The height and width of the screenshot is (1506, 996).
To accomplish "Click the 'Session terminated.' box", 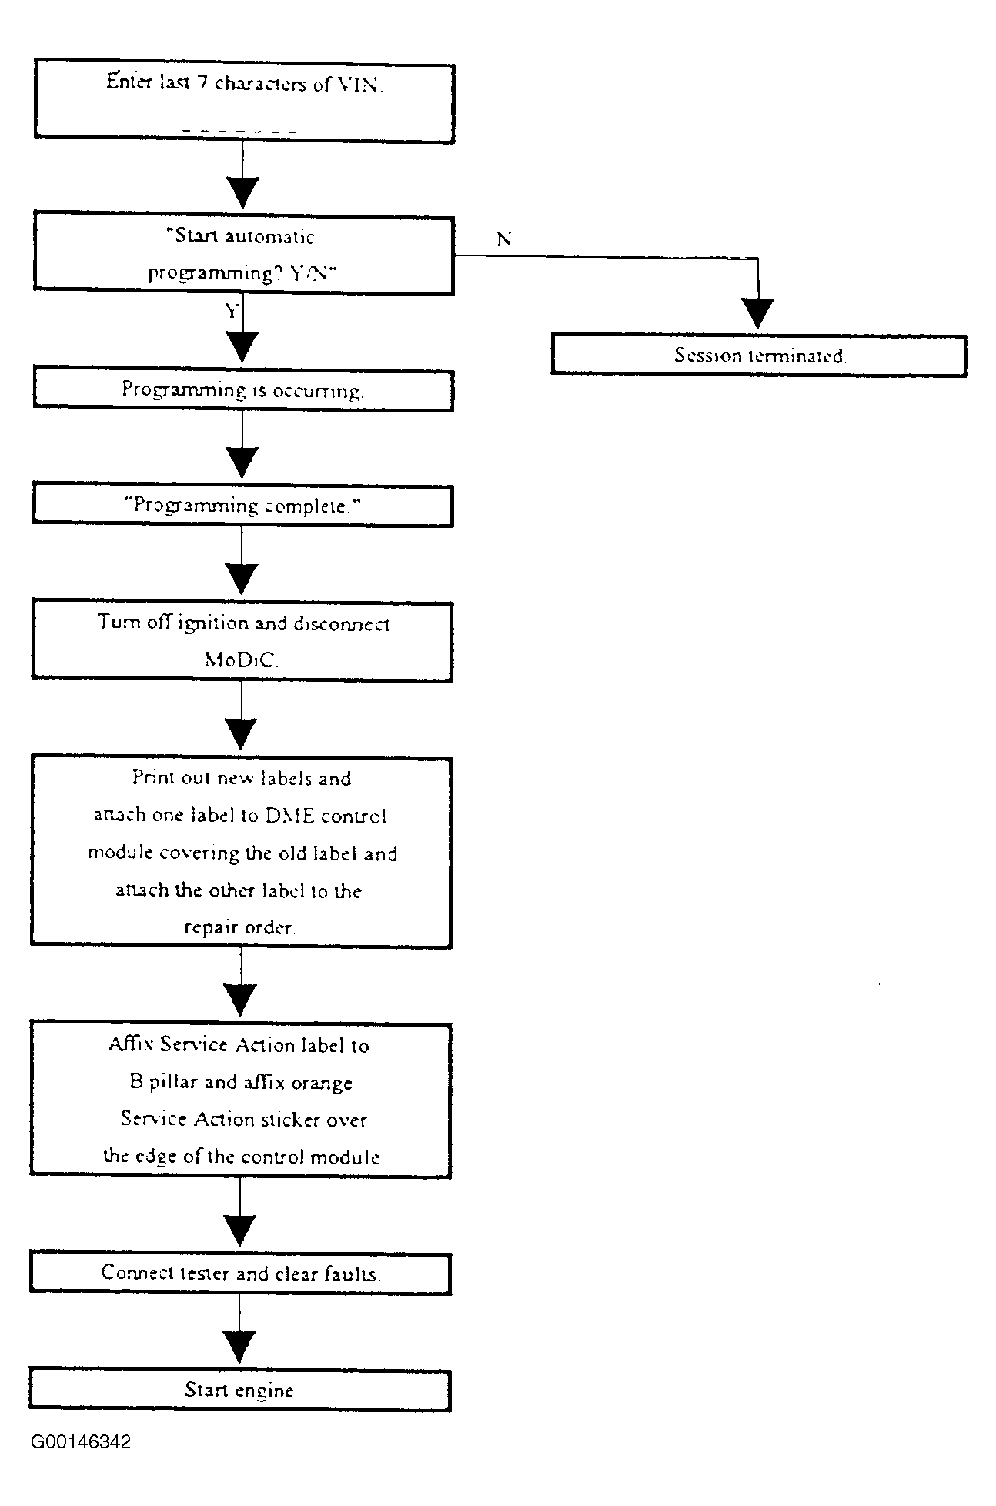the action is (758, 356).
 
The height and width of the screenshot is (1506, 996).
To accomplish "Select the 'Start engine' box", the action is (239, 1390).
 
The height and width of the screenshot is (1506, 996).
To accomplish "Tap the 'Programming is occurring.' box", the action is (242, 391).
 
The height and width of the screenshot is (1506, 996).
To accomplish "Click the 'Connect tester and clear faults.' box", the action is (240, 1273).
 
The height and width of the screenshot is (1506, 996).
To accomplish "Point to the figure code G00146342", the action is (81, 1441).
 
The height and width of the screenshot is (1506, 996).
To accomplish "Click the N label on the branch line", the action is (504, 239).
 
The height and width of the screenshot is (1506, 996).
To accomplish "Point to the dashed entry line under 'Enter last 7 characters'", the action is (240, 132).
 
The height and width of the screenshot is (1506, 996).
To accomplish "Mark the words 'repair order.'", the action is (239, 928).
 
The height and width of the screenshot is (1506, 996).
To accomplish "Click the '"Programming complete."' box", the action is (242, 506).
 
